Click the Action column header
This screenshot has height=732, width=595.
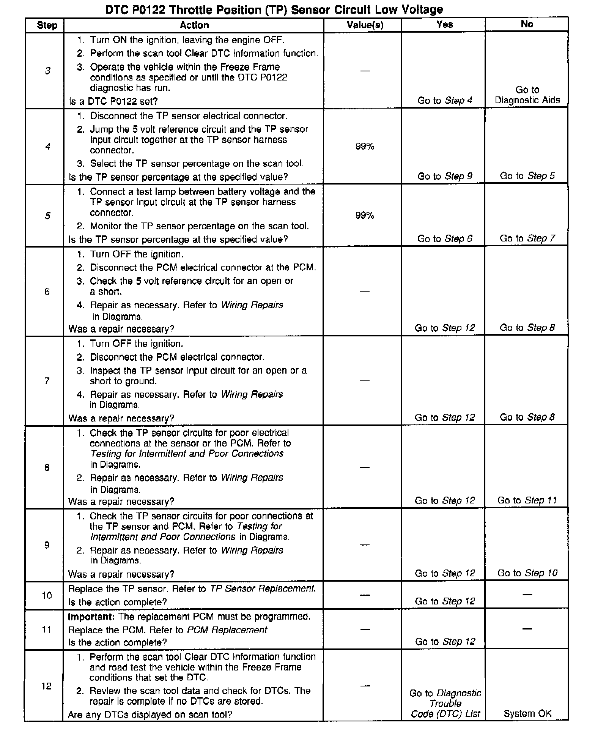[x=194, y=25]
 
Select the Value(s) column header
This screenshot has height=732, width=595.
[x=365, y=25]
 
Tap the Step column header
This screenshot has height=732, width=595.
[x=47, y=25]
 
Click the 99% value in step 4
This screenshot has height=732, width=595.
[x=365, y=147]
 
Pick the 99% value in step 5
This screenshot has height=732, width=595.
[x=365, y=216]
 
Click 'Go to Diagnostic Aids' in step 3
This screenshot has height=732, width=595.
[x=527, y=95]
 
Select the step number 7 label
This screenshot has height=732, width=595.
[x=47, y=381]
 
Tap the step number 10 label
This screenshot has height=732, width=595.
[x=47, y=595]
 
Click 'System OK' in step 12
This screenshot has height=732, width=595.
[x=527, y=713]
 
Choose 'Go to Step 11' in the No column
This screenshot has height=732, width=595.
[x=527, y=500]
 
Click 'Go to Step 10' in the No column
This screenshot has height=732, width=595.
[x=527, y=573]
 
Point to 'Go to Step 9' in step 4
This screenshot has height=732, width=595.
[x=445, y=176]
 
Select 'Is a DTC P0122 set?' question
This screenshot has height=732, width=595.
[x=113, y=101]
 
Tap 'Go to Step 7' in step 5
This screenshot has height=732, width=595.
[x=527, y=238]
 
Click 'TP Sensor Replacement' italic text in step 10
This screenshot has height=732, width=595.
[x=262, y=588]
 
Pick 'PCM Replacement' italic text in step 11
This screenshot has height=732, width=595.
[x=227, y=630]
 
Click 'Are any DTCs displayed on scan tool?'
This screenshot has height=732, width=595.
[x=150, y=714]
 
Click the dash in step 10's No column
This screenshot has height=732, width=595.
[x=527, y=595]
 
